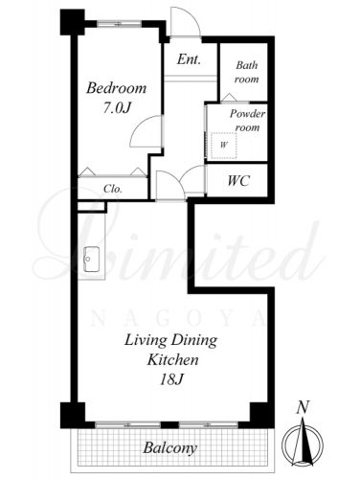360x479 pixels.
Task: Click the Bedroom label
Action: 116,88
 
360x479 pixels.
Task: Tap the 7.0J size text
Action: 117,108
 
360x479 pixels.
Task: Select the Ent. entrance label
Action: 189,59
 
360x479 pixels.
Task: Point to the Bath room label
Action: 246,72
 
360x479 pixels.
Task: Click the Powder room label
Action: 247,121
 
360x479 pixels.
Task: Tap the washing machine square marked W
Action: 224,146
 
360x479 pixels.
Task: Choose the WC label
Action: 238,181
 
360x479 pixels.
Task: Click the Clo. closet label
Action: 113,189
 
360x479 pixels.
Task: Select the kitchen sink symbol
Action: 91,260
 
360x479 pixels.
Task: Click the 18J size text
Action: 171,379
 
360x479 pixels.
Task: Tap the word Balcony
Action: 169,448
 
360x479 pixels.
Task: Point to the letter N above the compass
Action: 303,408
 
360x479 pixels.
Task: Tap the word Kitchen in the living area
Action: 172,360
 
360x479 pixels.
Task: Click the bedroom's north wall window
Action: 119,24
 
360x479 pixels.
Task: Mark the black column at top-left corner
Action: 73,22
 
